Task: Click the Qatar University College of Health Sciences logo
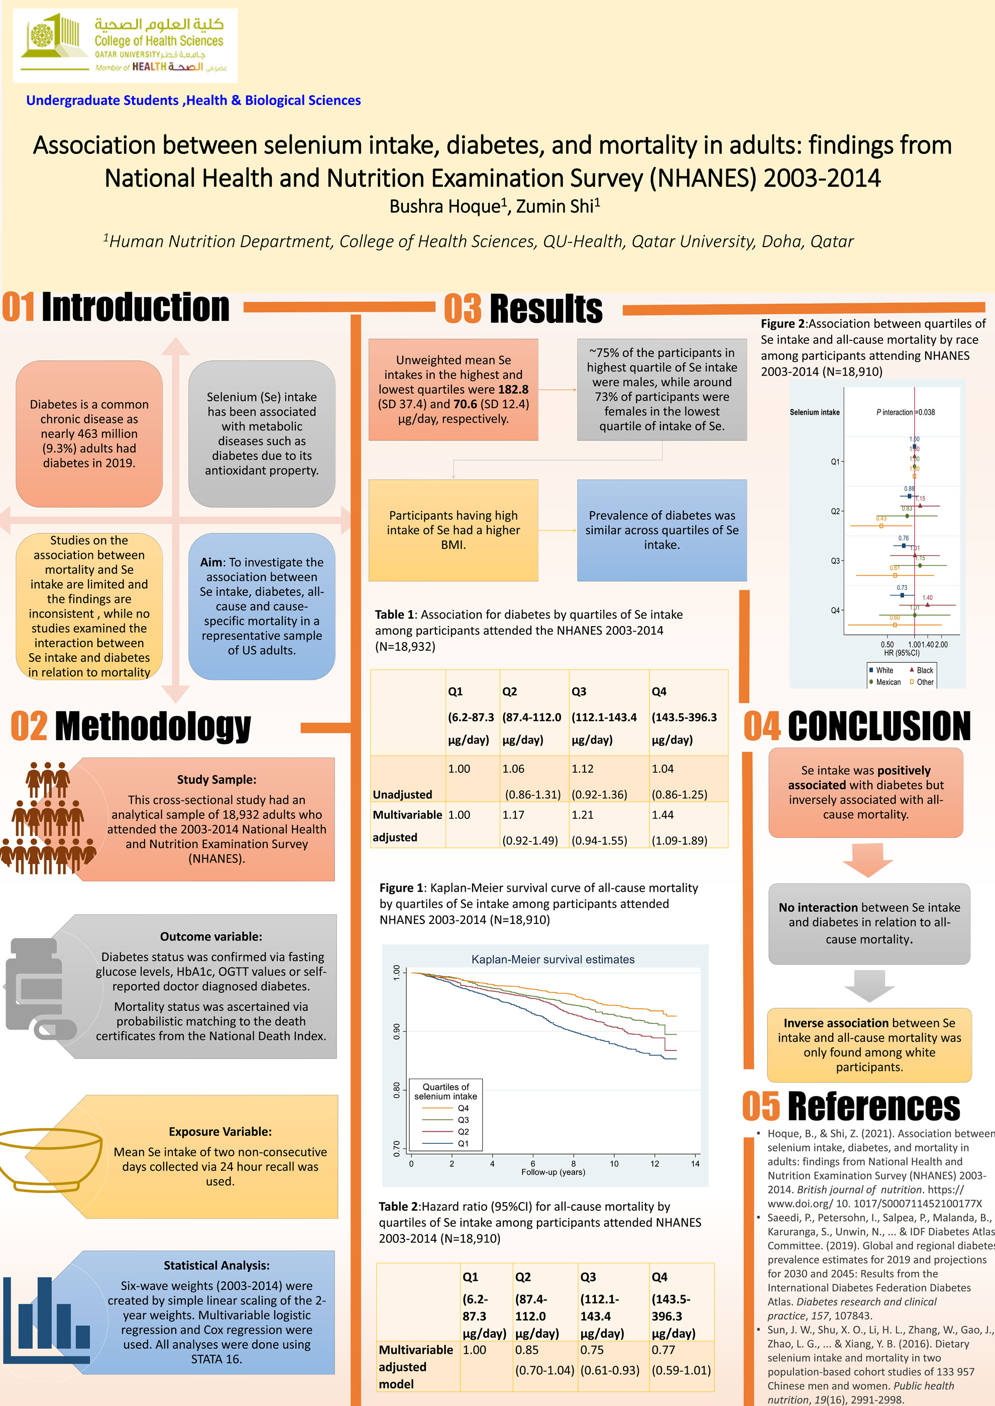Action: (x=125, y=46)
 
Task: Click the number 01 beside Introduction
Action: (x=19, y=307)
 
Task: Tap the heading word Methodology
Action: (x=153, y=727)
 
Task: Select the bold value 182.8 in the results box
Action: (x=513, y=390)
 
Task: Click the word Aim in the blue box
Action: (x=211, y=562)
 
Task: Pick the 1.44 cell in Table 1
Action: (x=663, y=815)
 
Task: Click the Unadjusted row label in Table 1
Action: (x=402, y=794)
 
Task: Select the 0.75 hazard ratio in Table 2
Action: (x=591, y=1350)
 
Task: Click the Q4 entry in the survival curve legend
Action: (x=463, y=1108)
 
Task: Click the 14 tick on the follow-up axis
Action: (x=695, y=1163)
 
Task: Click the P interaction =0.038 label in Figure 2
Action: (x=905, y=412)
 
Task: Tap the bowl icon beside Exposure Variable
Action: (x=49, y=1161)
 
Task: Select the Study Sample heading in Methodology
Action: (x=216, y=779)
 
